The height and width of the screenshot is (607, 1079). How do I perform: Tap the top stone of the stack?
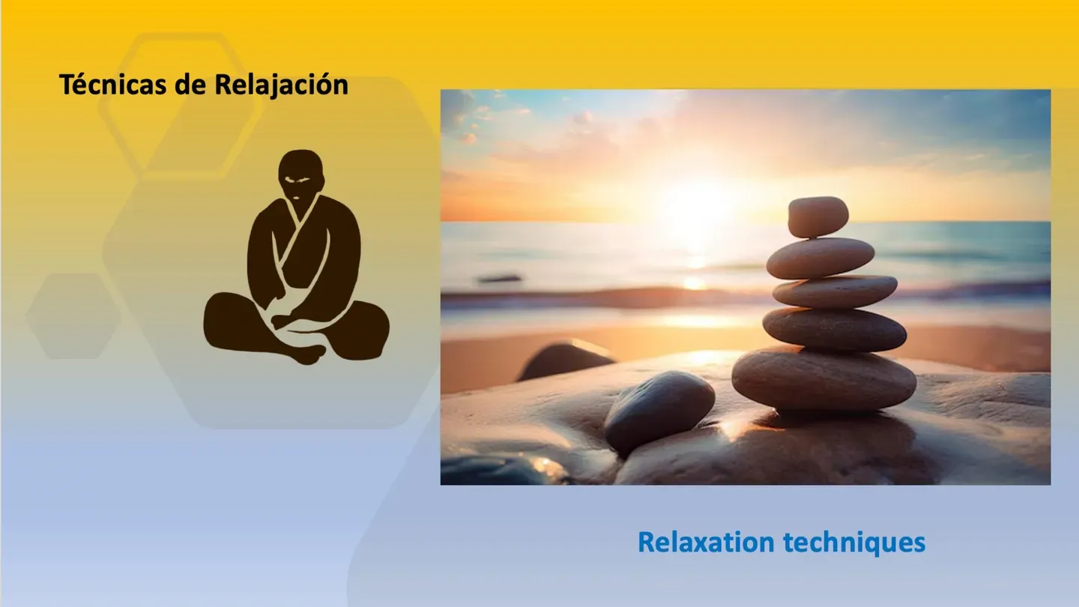coord(817,217)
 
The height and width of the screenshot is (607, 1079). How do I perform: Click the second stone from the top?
coord(820,258)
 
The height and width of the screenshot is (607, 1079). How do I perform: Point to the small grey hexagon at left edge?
coord(73,315)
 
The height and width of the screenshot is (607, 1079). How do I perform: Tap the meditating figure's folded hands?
coord(300,322)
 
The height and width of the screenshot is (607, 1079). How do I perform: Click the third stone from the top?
coord(834,292)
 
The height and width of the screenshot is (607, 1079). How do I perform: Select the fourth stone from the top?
coord(834,329)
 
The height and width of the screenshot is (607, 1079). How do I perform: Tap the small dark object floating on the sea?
coord(500,278)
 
